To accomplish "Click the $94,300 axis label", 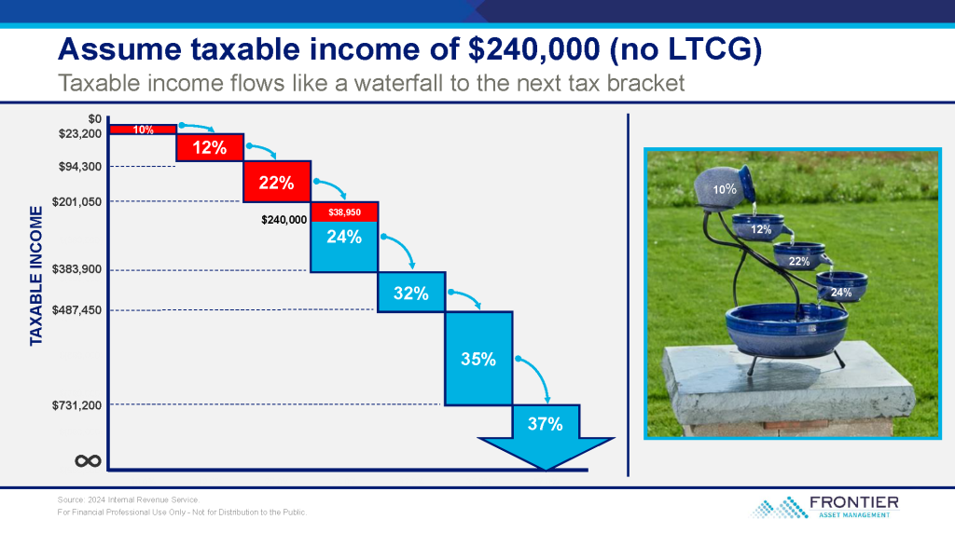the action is coord(80,167).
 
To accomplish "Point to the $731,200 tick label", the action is coord(76,405).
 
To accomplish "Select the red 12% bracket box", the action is coord(210,147).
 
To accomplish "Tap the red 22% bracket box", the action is coord(277,182).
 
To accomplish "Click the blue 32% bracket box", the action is coord(411,293).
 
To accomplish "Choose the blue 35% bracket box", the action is coord(478,359).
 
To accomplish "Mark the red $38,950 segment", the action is coord(345,212).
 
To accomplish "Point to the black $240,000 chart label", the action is coord(284,220).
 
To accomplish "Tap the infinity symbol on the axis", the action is coord(88,461).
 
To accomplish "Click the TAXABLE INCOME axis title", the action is coord(36,276).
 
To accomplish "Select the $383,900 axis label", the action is coord(76,269).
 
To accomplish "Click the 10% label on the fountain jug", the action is coord(725,190).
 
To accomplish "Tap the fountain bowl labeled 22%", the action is coord(799,255).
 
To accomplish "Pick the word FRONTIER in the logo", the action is coord(854,502).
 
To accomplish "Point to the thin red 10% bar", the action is coord(143,129).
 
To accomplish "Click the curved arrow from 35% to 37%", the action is coord(538,371).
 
